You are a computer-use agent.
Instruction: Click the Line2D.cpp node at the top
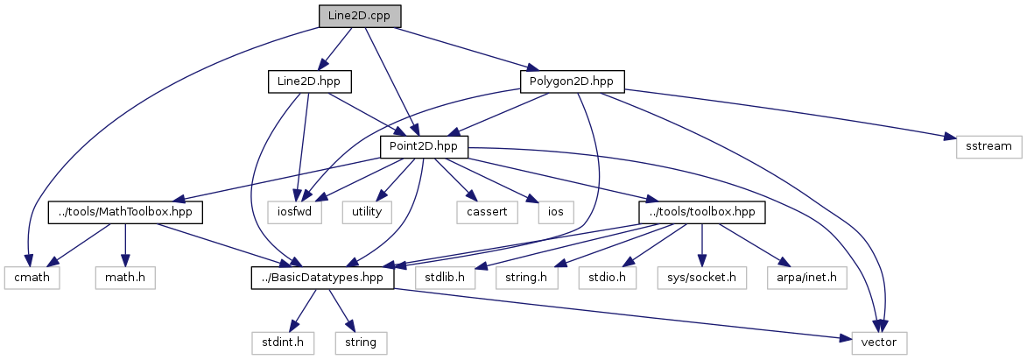(360, 16)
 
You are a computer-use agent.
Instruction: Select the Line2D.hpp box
(309, 81)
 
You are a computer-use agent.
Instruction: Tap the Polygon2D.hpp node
(572, 81)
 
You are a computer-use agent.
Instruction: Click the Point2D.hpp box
(425, 146)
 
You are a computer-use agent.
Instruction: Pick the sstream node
(982, 146)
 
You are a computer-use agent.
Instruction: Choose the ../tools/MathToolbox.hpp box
(124, 212)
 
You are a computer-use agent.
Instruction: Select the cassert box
(482, 212)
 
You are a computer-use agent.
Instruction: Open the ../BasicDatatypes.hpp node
(317, 278)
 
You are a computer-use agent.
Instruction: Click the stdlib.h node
(445, 278)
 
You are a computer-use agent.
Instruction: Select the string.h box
(526, 278)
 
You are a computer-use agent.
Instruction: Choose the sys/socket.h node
(702, 278)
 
